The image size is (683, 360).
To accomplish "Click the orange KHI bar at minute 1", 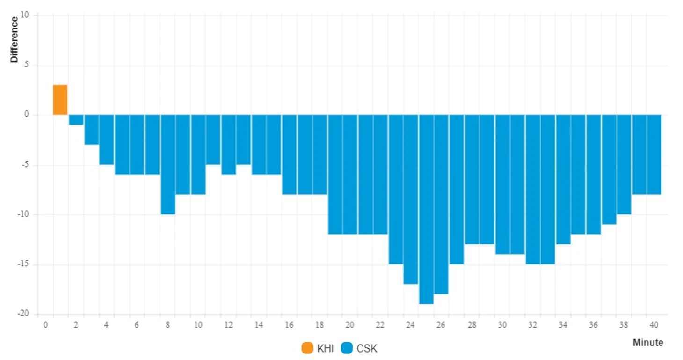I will (60, 100).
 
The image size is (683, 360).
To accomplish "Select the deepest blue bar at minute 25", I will (426, 209).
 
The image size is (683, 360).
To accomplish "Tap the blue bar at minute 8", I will (167, 164).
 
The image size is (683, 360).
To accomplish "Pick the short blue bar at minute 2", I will (76, 120).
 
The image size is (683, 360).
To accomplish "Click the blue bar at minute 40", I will (654, 154).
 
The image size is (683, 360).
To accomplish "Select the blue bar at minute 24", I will (411, 199).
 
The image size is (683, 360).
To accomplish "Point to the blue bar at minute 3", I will (91, 130).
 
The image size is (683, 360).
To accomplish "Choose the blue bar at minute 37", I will (609, 169).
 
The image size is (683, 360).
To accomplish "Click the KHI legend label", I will (325, 348).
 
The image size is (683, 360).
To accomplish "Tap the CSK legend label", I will (367, 348).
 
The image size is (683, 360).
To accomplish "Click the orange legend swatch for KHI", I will (307, 348).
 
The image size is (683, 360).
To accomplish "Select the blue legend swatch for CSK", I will (347, 348).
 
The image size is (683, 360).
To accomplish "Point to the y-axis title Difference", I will (15, 39).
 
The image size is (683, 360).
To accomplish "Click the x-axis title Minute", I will (648, 343).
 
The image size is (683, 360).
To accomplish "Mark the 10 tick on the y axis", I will (24, 15).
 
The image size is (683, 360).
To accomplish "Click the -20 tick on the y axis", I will (23, 314).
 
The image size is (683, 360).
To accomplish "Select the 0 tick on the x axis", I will (45, 325).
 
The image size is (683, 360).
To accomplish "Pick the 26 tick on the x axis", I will (441, 325).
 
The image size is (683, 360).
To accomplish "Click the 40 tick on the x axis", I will (654, 325).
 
